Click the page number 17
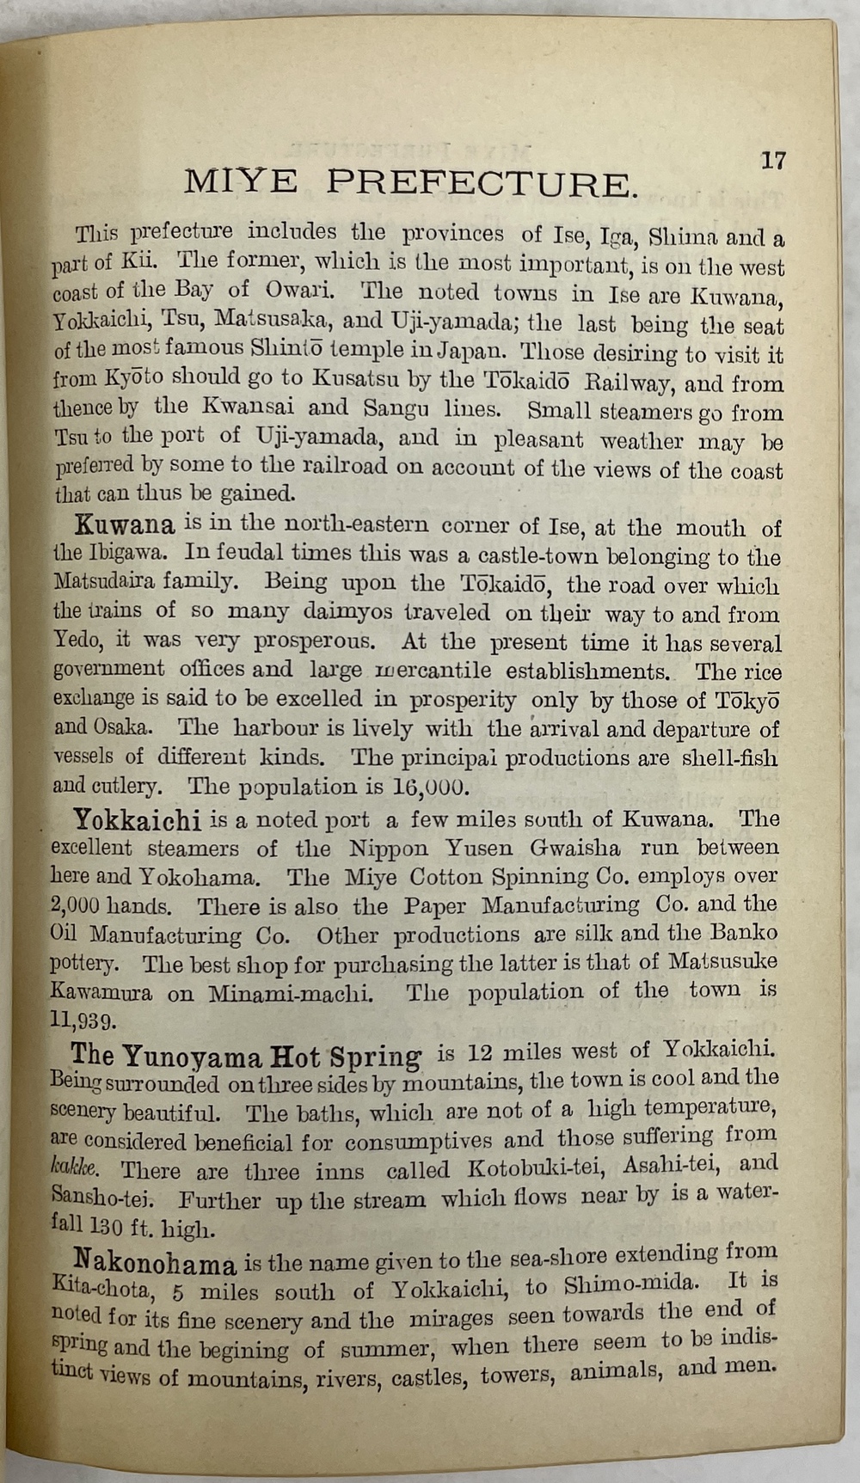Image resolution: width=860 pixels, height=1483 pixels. click(x=773, y=161)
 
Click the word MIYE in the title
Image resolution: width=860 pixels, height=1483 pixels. click(x=241, y=182)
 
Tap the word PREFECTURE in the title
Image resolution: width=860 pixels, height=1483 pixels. click(x=482, y=183)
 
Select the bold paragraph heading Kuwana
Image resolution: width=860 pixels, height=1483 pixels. click(x=125, y=524)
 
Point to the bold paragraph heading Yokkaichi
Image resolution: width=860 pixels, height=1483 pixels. click(x=138, y=819)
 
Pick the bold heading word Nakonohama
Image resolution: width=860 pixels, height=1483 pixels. click(x=156, y=1264)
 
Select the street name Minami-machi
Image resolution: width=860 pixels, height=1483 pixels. click(x=292, y=994)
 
